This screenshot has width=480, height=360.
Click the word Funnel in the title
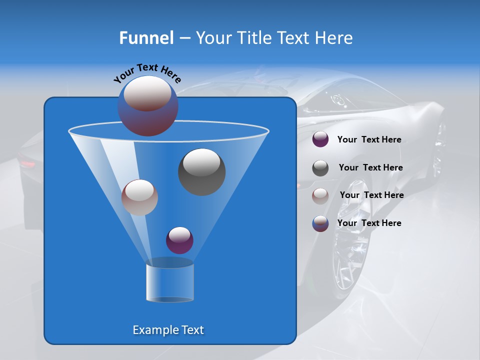146,38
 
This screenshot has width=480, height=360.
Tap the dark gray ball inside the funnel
201,172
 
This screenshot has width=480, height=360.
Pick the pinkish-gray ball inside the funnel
139,197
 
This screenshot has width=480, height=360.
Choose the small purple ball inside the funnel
179,240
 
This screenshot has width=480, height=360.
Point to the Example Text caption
168,330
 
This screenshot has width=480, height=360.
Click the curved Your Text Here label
147,72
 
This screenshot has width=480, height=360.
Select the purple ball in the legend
320,139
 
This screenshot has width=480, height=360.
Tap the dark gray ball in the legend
320,168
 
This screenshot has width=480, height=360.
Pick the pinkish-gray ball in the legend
320,195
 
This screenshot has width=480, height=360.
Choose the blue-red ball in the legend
320,223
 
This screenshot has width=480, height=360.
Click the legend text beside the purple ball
369,139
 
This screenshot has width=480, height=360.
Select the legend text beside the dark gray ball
370,167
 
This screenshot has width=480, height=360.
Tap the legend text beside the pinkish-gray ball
371,195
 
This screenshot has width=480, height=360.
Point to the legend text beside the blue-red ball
369,223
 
